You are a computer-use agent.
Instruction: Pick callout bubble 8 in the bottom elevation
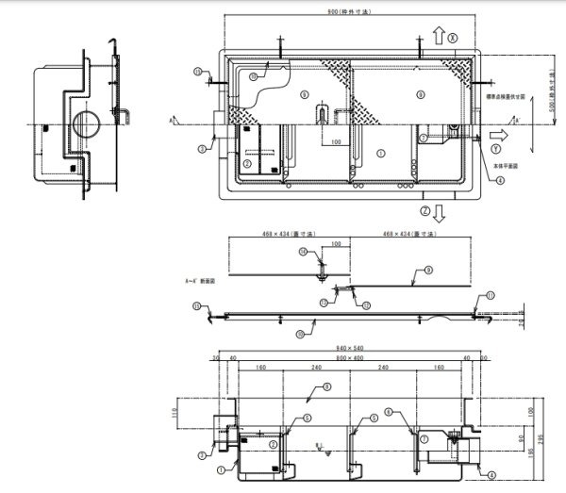(x=326, y=386)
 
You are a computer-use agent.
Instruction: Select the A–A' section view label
(x=202, y=280)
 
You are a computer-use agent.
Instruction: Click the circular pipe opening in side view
(x=82, y=123)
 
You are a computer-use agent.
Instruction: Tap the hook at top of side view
(x=111, y=42)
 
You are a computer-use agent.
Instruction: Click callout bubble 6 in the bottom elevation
(x=308, y=416)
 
